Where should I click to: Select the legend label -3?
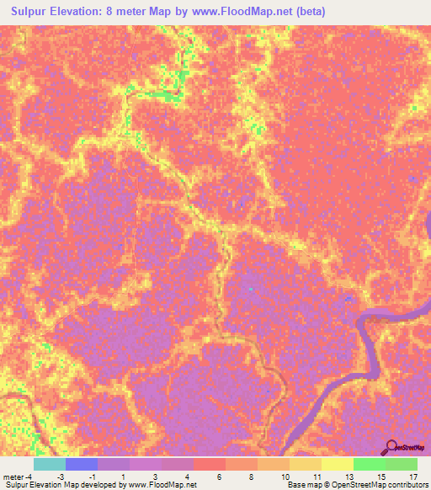[x=72, y=477]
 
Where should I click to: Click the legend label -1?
[x=103, y=477]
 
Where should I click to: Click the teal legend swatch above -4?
[x=50, y=464]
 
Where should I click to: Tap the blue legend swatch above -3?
[x=82, y=464]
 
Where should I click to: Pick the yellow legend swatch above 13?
[x=338, y=464]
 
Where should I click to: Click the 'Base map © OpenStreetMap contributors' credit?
[x=356, y=485]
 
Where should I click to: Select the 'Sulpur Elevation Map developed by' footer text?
[x=62, y=485]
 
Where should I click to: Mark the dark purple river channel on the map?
[x=368, y=345]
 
